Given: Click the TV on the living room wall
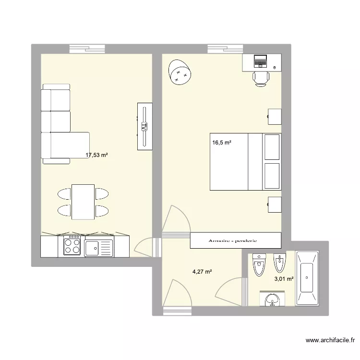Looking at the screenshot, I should pos(144,126).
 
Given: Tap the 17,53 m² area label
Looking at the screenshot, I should pos(96,155).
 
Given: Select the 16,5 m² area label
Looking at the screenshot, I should pos(222,143).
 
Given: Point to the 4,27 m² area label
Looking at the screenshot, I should pos(202,272).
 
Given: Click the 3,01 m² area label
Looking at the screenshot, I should pos(283,277).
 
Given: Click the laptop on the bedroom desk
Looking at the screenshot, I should pos(260,61).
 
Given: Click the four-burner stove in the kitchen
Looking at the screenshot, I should pos(72,246).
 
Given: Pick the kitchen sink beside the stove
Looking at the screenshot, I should pos(98,248).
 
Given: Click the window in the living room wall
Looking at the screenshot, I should pos(87,48).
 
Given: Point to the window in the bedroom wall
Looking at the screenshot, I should pos(226,48).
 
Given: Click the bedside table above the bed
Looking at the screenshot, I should pos(274,117).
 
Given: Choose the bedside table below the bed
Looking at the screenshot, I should pos(274,204).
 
